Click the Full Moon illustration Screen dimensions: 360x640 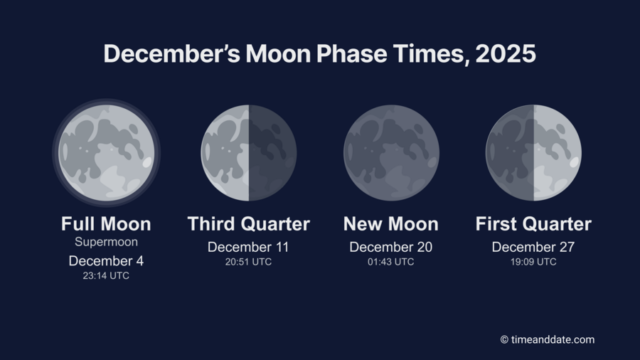coord(106,153)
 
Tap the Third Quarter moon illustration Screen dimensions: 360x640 coord(248,153)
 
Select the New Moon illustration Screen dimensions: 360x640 coord(391,153)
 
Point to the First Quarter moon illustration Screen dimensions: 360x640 coord(533,153)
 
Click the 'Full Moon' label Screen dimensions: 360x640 coord(106,224)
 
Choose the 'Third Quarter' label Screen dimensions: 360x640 coord(248,224)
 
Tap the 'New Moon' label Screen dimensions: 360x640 coord(391,224)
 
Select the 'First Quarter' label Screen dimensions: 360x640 coord(533,224)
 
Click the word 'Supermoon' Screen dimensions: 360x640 coord(106,242)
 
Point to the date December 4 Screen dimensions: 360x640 coord(106,260)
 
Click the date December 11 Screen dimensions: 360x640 coord(248,246)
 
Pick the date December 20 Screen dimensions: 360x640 coord(391,246)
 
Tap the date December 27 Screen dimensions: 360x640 coord(533,246)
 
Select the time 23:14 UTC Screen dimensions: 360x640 coord(106,275)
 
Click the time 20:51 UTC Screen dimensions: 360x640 coord(248,261)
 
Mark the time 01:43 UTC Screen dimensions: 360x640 coord(391,261)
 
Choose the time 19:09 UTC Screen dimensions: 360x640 coord(533,261)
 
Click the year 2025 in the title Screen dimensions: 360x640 coord(504,55)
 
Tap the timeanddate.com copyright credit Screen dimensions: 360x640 coord(547,339)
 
